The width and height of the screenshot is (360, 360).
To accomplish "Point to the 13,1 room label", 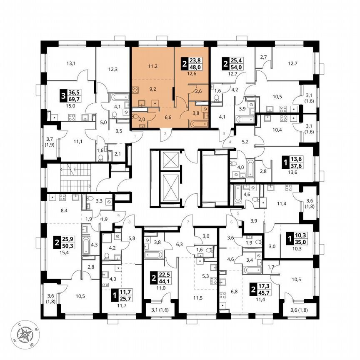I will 72,63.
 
